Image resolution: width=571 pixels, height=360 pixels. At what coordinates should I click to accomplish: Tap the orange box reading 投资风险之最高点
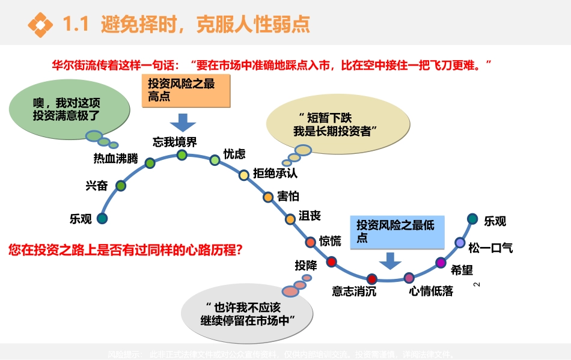[186, 91]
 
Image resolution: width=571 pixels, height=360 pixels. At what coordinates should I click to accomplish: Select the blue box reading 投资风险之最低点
[401, 231]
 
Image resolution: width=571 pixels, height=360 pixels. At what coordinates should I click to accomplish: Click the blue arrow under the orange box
[183, 123]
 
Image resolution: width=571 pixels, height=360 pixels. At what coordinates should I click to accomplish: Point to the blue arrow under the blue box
[390, 261]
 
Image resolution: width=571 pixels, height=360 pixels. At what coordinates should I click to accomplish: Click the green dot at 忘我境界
[182, 155]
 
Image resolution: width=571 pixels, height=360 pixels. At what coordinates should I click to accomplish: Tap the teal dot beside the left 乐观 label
[102, 218]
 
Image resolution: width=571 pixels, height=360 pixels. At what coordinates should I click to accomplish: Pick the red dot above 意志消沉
[371, 279]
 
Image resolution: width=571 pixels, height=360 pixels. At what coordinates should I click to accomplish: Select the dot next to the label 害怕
[268, 197]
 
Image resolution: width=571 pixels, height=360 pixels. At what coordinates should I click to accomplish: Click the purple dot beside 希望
[441, 263]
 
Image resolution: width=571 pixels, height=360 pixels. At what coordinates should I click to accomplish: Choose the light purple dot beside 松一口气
[460, 243]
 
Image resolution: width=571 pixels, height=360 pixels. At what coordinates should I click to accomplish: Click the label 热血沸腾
[115, 159]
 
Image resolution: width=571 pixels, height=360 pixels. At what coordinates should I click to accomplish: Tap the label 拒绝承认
[275, 174]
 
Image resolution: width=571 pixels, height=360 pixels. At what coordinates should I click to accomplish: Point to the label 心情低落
[431, 292]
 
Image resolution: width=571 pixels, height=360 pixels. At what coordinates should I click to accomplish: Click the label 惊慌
[330, 241]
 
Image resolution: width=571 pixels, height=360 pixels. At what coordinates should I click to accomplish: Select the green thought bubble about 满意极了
[70, 108]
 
